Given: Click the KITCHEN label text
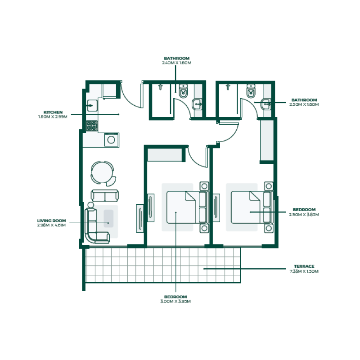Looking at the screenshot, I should pyautogui.click(x=53, y=112).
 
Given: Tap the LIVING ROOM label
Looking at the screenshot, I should pyautogui.click(x=52, y=220).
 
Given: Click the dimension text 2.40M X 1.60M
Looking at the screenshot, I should pyautogui.click(x=177, y=63).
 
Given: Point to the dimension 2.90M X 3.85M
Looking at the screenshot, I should pyautogui.click(x=304, y=215).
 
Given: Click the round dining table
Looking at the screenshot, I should pyautogui.click(x=102, y=171).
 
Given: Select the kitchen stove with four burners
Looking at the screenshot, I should pyautogui.click(x=92, y=126).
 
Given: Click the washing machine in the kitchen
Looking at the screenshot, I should pyautogui.click(x=111, y=139).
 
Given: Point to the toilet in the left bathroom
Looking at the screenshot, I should pyautogui.click(x=183, y=92).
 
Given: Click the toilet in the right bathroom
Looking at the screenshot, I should pyautogui.click(x=251, y=92).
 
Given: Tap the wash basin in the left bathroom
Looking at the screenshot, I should pyautogui.click(x=198, y=105).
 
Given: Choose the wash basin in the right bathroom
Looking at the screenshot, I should pyautogui.click(x=266, y=104).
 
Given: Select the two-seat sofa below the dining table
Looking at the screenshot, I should pyautogui.click(x=105, y=196).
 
